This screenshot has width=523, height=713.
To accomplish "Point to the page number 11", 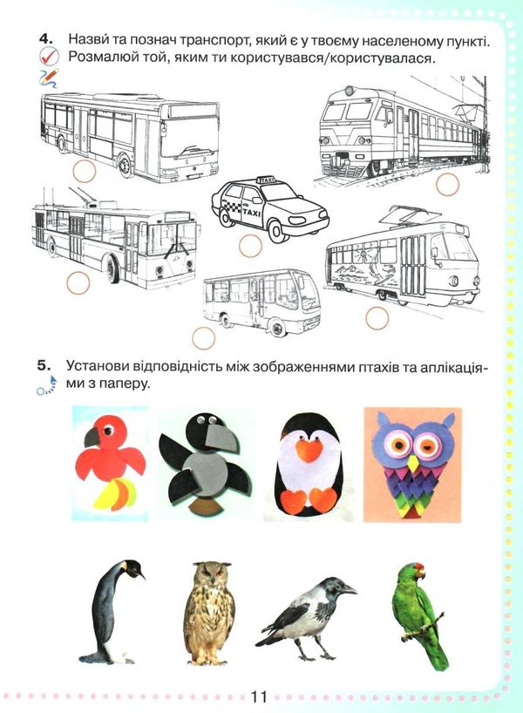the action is click(259, 696).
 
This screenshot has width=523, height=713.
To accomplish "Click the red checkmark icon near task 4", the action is click(50, 57).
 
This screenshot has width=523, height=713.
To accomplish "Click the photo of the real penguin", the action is click(112, 612).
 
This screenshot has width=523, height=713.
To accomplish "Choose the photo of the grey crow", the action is click(306, 618).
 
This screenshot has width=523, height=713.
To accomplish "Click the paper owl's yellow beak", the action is click(413, 464).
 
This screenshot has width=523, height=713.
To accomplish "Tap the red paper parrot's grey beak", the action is click(92, 437).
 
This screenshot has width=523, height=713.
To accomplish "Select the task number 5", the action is click(45, 365).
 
